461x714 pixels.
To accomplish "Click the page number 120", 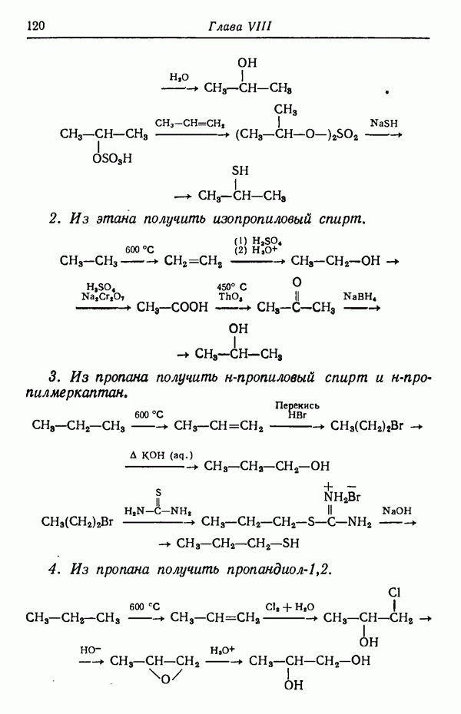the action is pos(36,25).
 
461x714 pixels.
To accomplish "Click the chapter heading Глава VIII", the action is pos(240,26).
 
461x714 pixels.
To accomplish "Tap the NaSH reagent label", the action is pos(383,123).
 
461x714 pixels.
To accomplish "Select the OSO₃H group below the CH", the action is pos(112,158).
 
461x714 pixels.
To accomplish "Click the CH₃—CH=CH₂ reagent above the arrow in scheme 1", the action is pos(190,123).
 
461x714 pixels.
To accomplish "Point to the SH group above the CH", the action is pos(240,170).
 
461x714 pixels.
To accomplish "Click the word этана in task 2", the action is pos(116,220).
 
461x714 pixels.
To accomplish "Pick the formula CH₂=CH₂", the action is pos(193,261).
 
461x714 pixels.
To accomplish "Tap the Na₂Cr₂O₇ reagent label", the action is pos(103,297).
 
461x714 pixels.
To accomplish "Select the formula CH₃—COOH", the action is pos(172,307).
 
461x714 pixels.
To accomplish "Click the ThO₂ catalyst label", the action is pos(230,297).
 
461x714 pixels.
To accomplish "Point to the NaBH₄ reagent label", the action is pos(360,296).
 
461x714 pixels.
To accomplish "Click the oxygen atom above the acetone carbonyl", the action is pos(297,283).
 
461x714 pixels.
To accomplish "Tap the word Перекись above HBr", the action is pos(297,405).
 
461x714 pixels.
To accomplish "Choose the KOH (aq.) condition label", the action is pos(161,455).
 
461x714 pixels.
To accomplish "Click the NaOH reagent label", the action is pos(396,511).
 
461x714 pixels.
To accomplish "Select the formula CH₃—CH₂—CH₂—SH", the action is pos(237,544).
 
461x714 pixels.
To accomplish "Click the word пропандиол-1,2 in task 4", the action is pos(278,570).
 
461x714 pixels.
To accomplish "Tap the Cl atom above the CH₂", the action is pos(394,593).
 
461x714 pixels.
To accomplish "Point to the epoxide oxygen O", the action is pos(165,680).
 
